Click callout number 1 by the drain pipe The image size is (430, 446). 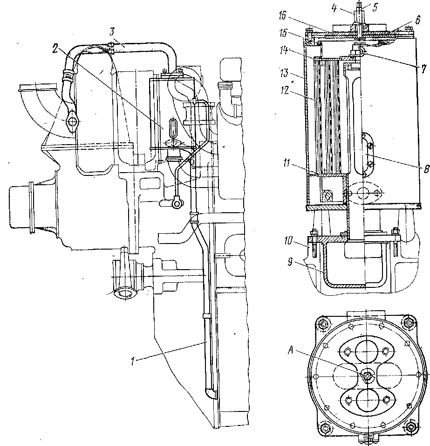pos(132,361)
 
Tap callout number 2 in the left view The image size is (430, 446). pos(55,49)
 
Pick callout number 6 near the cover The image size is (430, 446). pos(417,20)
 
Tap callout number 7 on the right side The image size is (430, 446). pos(424,69)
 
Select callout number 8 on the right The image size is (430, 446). pos(426,169)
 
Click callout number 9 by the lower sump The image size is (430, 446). pos(289,262)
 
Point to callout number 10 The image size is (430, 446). pos(288,241)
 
